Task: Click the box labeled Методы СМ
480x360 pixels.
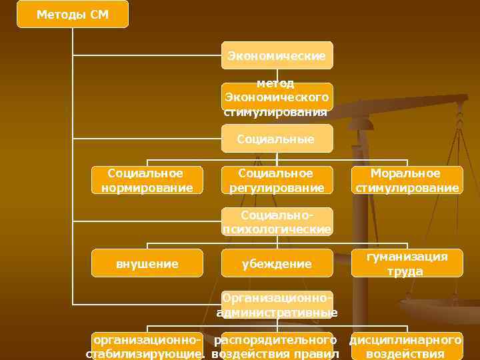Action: coord(72,14)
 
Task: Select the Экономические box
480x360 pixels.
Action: coord(277,55)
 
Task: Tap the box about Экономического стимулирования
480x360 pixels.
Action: coord(277,97)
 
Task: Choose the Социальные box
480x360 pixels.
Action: coord(277,139)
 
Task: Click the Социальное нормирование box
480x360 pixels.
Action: coord(147,181)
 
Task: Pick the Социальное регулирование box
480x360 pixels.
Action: coord(277,181)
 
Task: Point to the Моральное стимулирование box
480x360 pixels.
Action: coord(407,181)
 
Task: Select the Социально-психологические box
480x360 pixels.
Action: coord(277,222)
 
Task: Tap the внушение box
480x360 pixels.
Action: coord(147,263)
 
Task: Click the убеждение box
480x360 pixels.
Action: coord(277,263)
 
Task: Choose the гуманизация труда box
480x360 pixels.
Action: coord(407,263)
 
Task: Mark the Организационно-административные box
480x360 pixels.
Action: coord(277,305)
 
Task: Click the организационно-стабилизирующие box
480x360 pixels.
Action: coord(147,346)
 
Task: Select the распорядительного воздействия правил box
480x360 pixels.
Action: coord(277,346)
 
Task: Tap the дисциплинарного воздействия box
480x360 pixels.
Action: coord(406,346)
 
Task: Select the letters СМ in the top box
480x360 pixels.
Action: coord(98,14)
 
